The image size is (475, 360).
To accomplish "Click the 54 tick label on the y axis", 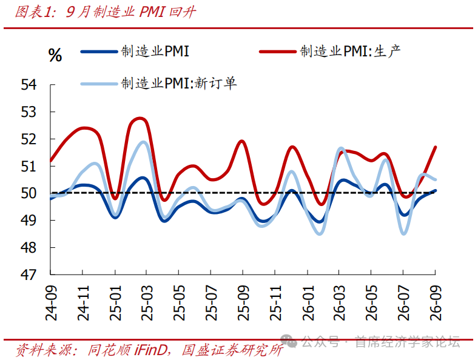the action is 29,84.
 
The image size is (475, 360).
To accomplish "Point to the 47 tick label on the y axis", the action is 29,275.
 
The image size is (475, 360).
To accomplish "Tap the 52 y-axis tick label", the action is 29,139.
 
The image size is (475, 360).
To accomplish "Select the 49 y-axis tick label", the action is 29,220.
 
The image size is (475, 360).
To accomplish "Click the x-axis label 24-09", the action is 51,303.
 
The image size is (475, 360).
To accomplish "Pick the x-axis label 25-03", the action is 147,303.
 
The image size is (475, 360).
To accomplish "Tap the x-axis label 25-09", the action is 243,303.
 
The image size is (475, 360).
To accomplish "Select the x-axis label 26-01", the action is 308,303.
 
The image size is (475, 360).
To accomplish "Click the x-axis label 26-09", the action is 436,303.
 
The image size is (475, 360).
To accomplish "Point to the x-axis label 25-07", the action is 212,303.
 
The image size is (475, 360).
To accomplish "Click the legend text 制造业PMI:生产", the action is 350,51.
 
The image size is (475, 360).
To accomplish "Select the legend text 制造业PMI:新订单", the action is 179,83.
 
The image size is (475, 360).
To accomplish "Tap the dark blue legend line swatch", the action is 99,52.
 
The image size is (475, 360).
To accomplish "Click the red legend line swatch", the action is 277,52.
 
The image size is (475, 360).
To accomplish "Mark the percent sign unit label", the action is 55,55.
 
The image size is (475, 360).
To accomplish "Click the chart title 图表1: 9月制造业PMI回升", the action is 106,12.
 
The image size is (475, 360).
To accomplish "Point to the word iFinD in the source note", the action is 150,350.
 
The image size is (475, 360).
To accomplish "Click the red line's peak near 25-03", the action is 140,118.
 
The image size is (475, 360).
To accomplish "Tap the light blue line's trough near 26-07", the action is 404,233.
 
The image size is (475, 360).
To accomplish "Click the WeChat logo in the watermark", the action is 288,341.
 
